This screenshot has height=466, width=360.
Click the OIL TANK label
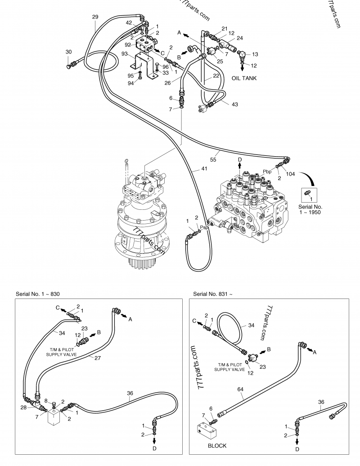coord(244,78)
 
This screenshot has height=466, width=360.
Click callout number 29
coord(95,17)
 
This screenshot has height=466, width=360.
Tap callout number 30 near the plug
coord(68,52)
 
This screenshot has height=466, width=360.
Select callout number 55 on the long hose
coord(213,159)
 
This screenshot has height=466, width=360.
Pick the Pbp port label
coord(267,172)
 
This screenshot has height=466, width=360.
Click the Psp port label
coord(204,227)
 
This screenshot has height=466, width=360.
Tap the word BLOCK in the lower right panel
coord(217,446)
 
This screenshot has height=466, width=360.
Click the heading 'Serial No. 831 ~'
coord(213,294)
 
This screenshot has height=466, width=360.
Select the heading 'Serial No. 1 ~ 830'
coord(37,294)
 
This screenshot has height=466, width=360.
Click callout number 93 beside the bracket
coord(125,54)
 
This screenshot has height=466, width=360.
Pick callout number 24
coord(240,38)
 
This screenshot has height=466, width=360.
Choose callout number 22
coord(216,76)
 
